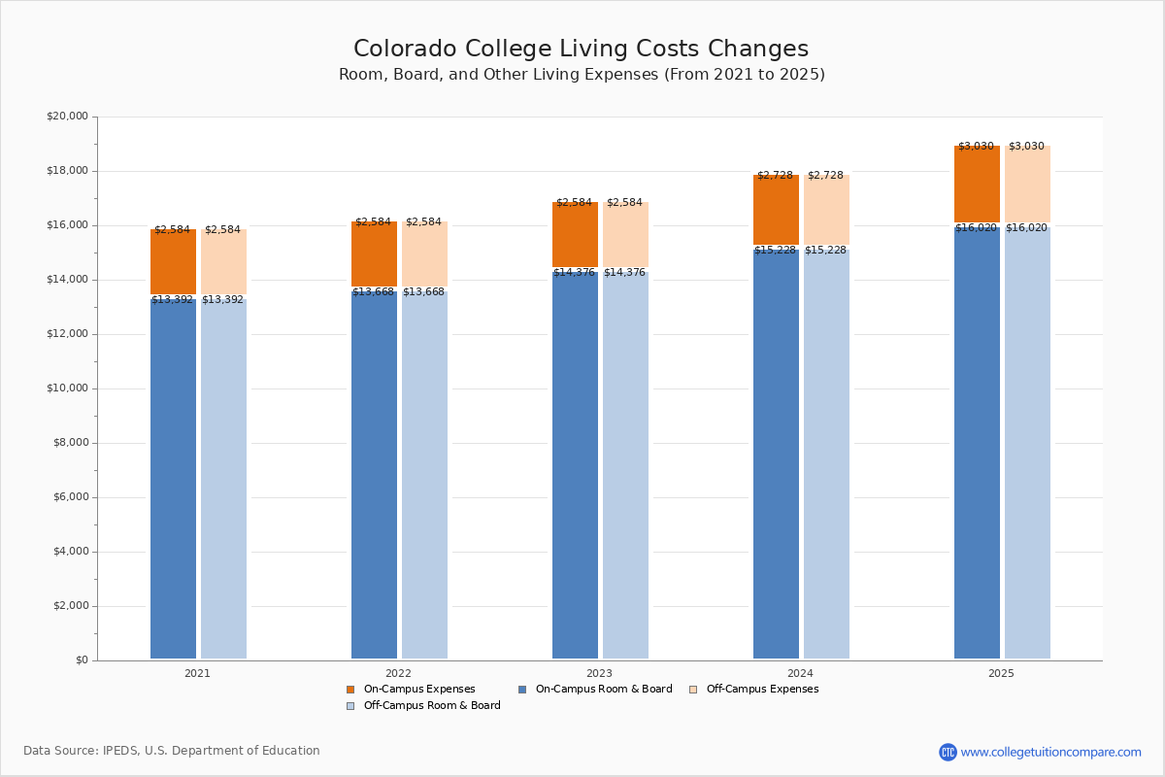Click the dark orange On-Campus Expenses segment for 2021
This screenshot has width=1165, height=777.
173,262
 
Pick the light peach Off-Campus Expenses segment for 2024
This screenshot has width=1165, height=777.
826,210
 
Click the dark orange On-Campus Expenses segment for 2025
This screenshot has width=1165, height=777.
977,185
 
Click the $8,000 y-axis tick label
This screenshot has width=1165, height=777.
67,443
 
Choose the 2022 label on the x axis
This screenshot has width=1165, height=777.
398,673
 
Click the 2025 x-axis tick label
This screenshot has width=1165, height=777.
1001,673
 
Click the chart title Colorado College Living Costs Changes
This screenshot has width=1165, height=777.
581,50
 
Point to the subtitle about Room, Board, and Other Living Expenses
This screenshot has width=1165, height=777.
582,75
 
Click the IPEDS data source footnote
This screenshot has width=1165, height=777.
172,751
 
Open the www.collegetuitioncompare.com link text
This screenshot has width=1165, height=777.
1050,752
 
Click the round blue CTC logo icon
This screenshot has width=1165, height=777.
948,752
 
